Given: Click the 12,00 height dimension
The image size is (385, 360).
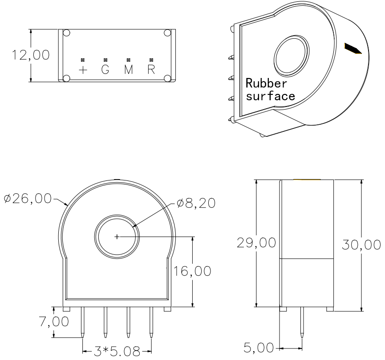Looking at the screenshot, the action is (31, 55).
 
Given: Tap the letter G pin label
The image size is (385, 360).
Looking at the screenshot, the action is (105, 70).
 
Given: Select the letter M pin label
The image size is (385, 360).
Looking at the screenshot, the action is (129, 70).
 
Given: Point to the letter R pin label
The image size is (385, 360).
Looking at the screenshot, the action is (151, 70).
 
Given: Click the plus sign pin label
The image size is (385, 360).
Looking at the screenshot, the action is (83, 70).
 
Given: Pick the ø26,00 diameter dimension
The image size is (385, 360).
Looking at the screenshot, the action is (28, 198).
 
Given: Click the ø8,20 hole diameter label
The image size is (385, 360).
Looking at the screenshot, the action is (196, 203).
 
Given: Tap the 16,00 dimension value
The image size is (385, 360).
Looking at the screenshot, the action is (192, 271).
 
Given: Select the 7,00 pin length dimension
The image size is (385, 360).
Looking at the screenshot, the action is (54, 321).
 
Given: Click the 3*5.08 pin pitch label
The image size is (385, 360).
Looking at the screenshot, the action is (117, 352).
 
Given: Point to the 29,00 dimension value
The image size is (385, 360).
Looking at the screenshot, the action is (256, 243).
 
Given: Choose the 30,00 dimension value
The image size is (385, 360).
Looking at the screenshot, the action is (361, 245).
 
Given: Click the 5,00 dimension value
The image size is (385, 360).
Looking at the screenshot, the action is (259, 348).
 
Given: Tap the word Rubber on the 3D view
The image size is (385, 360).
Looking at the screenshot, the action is (266, 83).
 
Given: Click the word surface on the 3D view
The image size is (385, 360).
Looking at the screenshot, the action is (270, 96).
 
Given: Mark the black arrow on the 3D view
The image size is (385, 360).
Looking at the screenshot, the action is (353, 48).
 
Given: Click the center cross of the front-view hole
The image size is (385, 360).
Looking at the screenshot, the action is (117, 237).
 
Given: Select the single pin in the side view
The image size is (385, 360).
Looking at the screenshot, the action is (302, 323).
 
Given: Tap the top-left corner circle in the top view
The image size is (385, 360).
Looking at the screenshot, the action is (66, 33).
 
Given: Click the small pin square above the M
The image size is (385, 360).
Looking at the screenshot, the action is (129, 60).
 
